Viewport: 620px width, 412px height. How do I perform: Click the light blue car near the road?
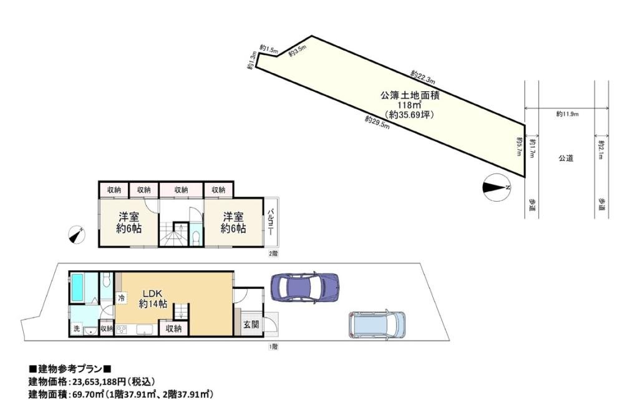[x=377, y=324]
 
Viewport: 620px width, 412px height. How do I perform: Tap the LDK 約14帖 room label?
[x=153, y=299]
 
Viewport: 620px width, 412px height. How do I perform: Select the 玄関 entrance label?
[x=251, y=325]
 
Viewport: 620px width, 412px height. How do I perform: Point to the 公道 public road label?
[x=566, y=158]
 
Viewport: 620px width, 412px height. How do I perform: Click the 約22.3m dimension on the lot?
[x=423, y=77]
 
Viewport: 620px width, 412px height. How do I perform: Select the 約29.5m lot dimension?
[x=377, y=122]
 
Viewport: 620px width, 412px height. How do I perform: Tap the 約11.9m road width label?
[x=568, y=114]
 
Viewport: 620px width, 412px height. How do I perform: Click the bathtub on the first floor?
[x=82, y=288]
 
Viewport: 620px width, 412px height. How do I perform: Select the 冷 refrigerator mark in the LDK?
[x=121, y=298]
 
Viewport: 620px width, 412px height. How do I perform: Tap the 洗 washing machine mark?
[x=76, y=328]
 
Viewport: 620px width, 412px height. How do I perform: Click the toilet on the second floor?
[x=195, y=237]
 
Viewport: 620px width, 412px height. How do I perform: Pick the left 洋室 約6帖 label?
[x=129, y=222]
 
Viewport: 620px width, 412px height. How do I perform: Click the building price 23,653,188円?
[x=98, y=382]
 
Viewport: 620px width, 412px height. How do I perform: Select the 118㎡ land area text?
[x=409, y=105]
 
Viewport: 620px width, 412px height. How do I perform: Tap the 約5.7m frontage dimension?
[x=519, y=146]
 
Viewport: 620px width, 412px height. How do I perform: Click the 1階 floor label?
[x=273, y=346]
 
